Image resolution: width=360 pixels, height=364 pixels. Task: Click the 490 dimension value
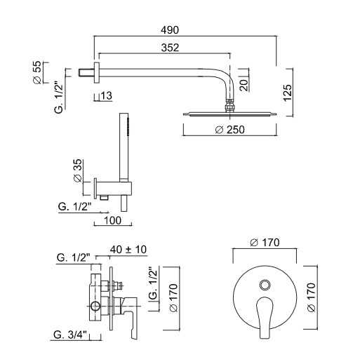(170, 30)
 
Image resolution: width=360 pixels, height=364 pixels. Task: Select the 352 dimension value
(170, 48)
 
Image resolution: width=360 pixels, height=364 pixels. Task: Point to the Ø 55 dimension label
(37, 72)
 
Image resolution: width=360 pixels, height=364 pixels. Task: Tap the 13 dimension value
(107, 95)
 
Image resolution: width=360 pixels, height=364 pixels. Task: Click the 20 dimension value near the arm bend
(244, 86)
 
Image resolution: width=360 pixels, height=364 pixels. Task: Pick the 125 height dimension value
(288, 93)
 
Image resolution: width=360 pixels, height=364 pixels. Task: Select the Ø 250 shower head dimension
(229, 130)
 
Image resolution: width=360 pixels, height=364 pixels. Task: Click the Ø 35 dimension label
(78, 170)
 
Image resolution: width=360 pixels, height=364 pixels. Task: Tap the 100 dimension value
(112, 220)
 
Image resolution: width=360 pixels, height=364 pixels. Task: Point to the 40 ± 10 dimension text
(128, 250)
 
